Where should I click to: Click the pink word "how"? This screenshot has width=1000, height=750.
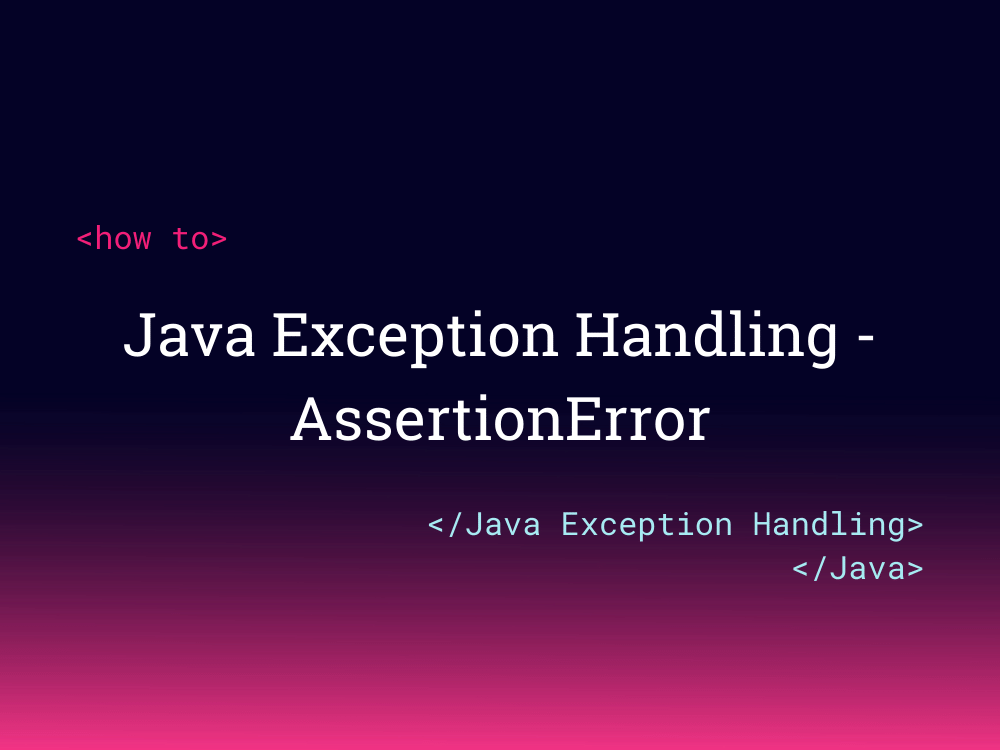(123, 239)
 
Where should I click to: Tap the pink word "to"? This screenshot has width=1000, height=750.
(190, 239)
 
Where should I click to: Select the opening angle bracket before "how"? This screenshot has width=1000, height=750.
(85, 240)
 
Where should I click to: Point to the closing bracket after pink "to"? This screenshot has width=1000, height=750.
(219, 240)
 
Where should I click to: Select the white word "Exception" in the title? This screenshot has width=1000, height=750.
(414, 337)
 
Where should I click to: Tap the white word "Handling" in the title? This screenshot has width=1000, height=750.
(706, 337)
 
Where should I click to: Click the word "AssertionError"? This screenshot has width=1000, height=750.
(500, 420)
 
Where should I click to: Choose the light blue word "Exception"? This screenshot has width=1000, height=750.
(647, 525)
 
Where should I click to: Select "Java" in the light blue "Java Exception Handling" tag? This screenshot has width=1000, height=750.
(503, 525)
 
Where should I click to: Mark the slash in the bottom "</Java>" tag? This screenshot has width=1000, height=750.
(820, 568)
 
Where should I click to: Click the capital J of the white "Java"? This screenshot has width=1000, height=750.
(139, 335)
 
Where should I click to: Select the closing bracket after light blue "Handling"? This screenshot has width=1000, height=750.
(914, 525)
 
